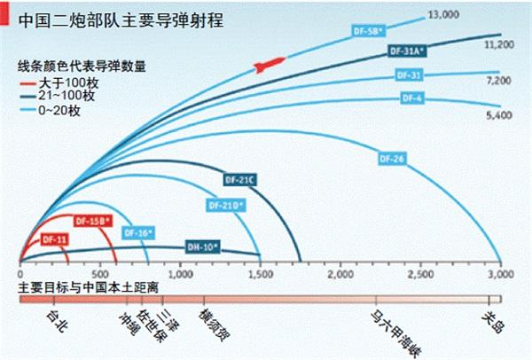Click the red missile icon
269,64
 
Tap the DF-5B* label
365,31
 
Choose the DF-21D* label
227,206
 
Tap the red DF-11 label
55,239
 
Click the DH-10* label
202,246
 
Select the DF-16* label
139,232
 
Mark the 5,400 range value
498,115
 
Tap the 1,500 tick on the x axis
260,276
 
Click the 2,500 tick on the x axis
420,276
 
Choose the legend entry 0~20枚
62,111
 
